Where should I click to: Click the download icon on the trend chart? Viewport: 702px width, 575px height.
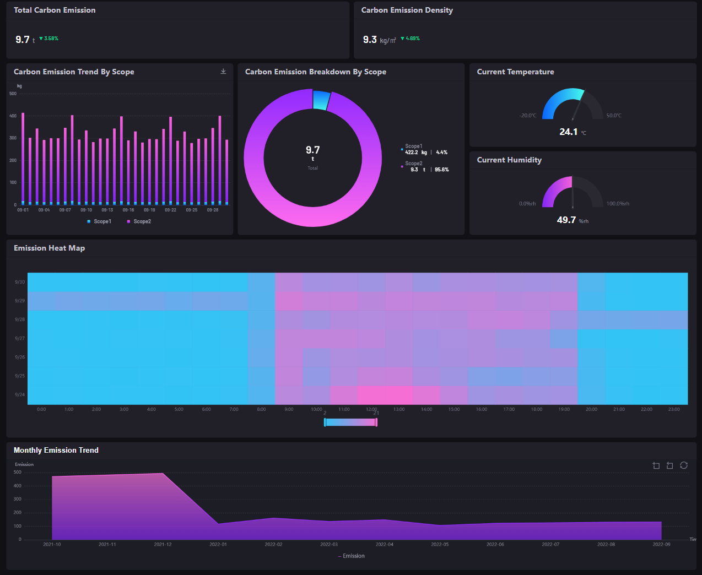point(223,72)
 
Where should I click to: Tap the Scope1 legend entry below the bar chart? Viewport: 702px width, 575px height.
point(100,221)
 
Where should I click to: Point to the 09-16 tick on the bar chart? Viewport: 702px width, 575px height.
point(128,210)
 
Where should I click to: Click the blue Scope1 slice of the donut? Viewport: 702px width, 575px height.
point(321,100)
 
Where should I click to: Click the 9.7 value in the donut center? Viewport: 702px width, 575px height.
point(312,150)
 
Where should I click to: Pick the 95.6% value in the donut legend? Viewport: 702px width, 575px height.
point(441,170)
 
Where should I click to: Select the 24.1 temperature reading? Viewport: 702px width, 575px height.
point(568,132)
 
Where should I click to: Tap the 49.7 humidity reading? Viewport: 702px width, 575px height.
point(566,220)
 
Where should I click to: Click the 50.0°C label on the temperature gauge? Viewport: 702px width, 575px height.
point(613,116)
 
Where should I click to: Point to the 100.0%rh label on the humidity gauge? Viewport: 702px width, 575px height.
point(618,204)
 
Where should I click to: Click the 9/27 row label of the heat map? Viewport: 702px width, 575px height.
point(20,339)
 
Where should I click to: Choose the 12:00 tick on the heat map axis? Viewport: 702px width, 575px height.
point(371,409)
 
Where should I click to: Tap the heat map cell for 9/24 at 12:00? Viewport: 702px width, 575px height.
point(371,395)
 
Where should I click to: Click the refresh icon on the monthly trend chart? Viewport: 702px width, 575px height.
point(684,465)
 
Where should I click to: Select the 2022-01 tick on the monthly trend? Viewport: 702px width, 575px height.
point(218,544)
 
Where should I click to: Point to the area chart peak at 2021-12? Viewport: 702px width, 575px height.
point(163,474)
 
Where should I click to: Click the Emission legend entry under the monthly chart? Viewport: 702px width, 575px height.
point(351,556)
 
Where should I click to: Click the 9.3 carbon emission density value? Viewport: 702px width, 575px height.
point(370,40)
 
